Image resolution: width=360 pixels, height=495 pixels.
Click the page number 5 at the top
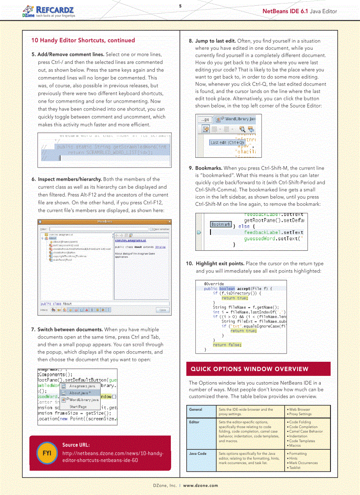[180, 6]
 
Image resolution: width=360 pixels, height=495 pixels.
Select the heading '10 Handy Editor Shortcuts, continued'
[83, 40]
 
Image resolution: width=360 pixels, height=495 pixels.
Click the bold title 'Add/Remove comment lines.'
[71, 55]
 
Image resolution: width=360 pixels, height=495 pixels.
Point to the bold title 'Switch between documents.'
[70, 330]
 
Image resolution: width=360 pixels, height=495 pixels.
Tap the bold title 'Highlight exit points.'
[220, 264]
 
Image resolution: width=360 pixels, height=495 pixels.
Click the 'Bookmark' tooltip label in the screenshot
[221, 224]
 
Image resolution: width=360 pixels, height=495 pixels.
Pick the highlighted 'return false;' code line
[227, 345]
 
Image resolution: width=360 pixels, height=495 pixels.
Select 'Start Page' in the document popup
[78, 407]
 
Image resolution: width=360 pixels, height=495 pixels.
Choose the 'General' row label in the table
[195, 409]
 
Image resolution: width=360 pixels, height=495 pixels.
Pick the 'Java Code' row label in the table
[198, 454]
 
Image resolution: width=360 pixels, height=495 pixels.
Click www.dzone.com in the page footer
[200, 485]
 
